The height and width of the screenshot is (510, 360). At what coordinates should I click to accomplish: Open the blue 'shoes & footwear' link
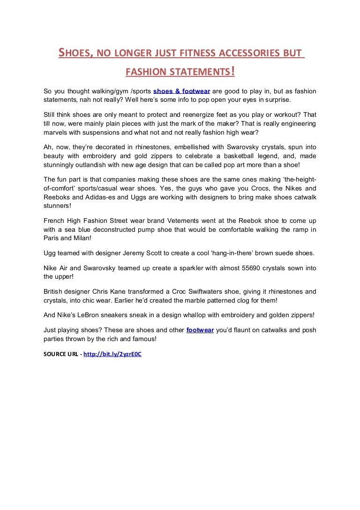pyautogui.click(x=181, y=91)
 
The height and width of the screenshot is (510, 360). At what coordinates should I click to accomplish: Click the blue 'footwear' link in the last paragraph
pyautogui.click(x=200, y=330)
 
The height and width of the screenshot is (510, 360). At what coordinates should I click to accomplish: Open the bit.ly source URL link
pyautogui.click(x=112, y=354)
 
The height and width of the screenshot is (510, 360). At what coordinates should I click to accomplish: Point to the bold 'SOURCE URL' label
pyautogui.click(x=61, y=354)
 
